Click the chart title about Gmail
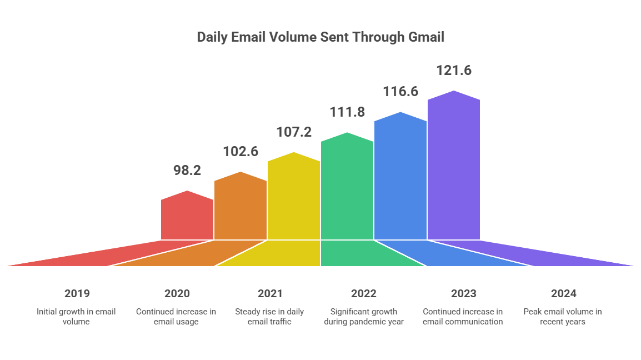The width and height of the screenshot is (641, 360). [320, 38]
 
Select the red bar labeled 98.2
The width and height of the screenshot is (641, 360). [187, 218]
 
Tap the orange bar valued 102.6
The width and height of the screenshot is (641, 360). [241, 208]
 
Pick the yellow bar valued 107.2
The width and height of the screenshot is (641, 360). [294, 198]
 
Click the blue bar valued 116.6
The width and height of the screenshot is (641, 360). [400, 178]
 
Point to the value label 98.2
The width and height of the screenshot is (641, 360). [187, 171]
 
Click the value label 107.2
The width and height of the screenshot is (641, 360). [294, 132]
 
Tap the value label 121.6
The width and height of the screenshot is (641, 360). [454, 71]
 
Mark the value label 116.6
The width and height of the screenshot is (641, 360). [400, 92]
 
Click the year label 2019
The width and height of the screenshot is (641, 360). [77, 293]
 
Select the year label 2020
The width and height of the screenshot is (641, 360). [177, 293]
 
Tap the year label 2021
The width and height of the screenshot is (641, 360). [270, 293]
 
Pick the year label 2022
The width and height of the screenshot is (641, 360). [363, 293]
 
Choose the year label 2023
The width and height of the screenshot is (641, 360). [463, 293]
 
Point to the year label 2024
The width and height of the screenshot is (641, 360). [563, 293]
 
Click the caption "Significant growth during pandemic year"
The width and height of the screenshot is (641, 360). [363, 317]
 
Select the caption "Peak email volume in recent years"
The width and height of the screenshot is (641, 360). [563, 317]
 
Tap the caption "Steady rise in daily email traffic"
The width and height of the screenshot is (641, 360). [270, 317]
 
